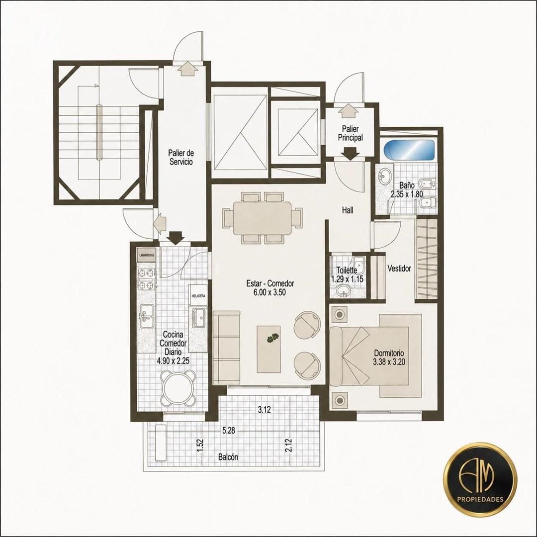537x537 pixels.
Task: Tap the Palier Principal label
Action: tap(351, 133)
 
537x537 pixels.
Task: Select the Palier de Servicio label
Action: tap(181, 157)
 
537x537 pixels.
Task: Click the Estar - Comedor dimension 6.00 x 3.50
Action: tap(270, 292)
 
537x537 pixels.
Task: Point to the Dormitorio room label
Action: tap(389, 353)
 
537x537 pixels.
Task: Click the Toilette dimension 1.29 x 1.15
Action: tap(347, 279)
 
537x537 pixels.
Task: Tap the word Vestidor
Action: tap(399, 268)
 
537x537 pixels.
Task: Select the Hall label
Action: tap(348, 210)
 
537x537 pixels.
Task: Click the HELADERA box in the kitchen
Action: tap(198, 294)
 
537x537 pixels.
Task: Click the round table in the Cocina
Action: tap(179, 387)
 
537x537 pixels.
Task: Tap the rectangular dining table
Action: tap(263, 218)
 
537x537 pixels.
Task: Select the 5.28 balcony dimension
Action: tap(228, 431)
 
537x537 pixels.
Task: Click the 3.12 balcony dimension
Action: tap(265, 410)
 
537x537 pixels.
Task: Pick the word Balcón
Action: tap(228, 457)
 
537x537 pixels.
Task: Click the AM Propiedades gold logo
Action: tap(480, 478)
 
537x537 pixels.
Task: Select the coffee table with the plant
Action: tap(268, 349)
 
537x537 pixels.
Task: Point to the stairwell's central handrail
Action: tap(99, 132)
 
